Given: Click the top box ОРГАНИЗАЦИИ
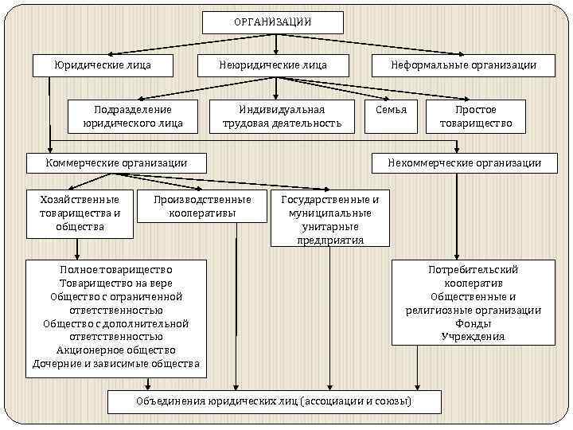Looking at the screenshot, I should [x=273, y=22].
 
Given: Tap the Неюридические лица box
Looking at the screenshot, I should [x=273, y=64].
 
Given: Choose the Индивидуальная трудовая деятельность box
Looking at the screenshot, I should [x=282, y=116].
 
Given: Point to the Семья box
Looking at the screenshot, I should [x=391, y=110].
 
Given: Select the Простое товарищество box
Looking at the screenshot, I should [x=475, y=116].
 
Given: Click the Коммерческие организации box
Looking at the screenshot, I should [x=117, y=162].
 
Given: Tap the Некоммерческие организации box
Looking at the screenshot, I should [x=464, y=162].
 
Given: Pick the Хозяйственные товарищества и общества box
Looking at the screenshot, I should [x=80, y=213].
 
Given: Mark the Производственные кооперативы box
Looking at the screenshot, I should [x=204, y=206].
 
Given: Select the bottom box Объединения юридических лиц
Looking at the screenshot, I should [x=274, y=401].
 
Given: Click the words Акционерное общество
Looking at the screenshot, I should [x=116, y=350].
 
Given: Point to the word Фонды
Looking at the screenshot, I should [x=473, y=323].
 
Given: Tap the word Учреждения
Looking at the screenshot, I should [x=473, y=337].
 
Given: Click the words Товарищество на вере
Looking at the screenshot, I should [x=116, y=283].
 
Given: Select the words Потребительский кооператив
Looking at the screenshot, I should [x=473, y=276].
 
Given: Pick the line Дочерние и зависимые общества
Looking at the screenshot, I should [x=116, y=364].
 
